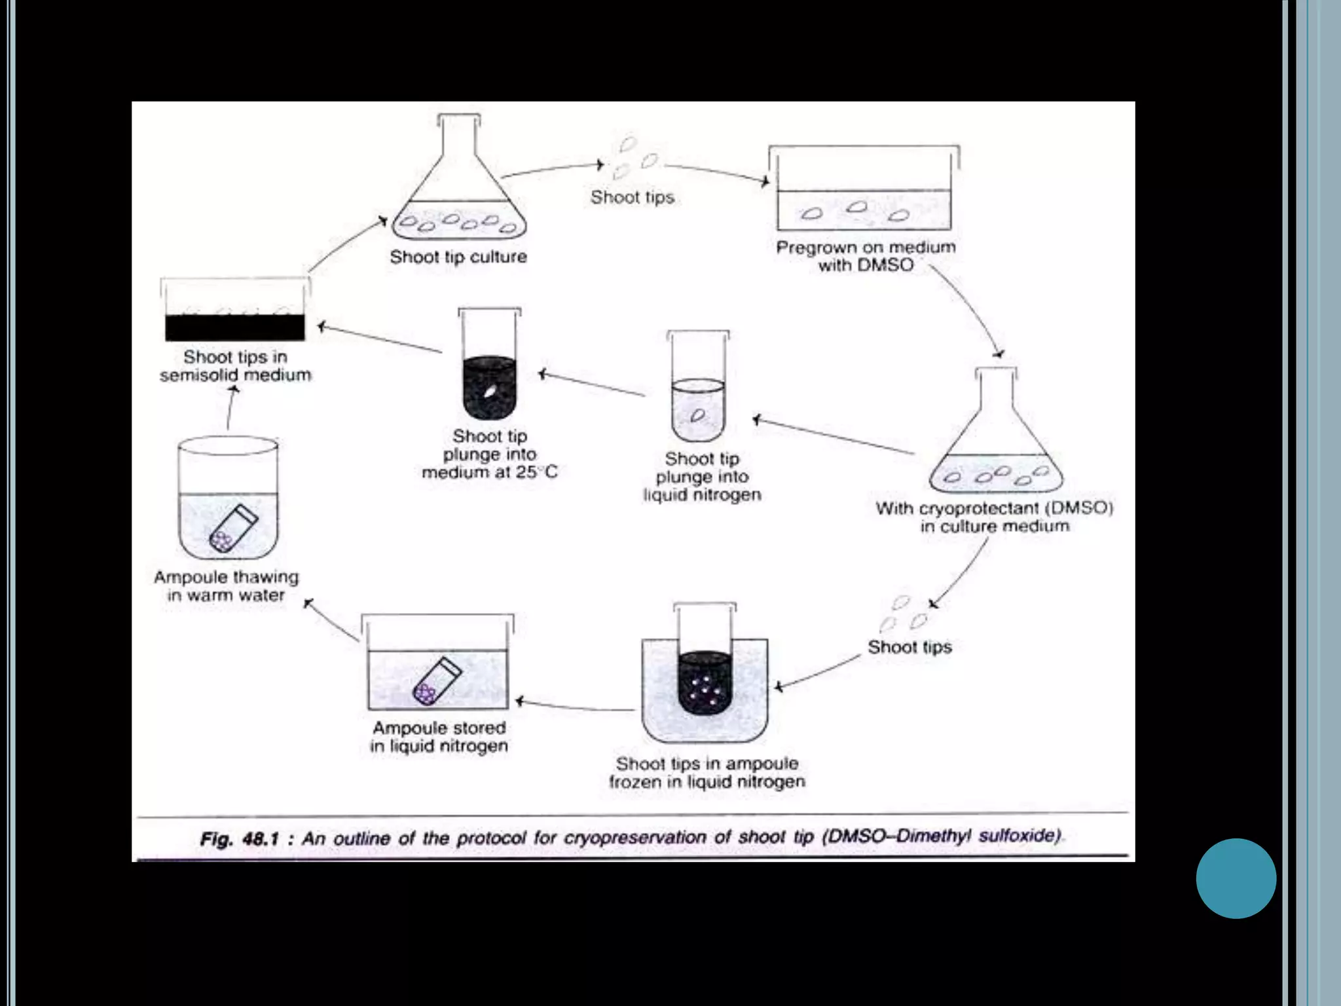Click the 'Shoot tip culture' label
pos(458,257)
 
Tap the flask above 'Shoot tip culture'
pos(459,190)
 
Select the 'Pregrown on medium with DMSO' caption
pos(866,256)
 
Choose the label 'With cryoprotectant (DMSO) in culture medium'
pos(994,517)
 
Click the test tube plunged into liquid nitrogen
pos(698,393)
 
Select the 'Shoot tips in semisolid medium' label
pos(236,365)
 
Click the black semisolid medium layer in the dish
pos(234,327)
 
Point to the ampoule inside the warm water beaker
pos(232,528)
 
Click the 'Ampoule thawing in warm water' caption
pos(227,586)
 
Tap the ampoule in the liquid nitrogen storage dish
pos(437,681)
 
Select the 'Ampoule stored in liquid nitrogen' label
pos(439,737)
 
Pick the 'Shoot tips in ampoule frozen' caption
pos(707,772)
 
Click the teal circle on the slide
pos(1236,878)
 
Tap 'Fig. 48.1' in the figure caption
pos(240,839)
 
